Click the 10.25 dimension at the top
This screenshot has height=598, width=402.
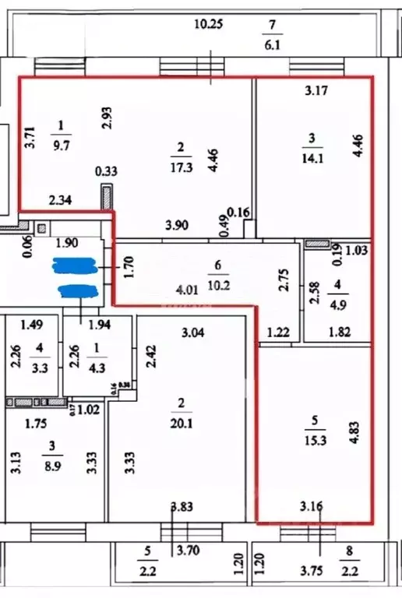tap(208, 24)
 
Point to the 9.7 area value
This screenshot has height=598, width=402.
tap(63, 144)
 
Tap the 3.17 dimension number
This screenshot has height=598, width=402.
tap(316, 90)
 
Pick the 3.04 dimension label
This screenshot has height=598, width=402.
tap(194, 333)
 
